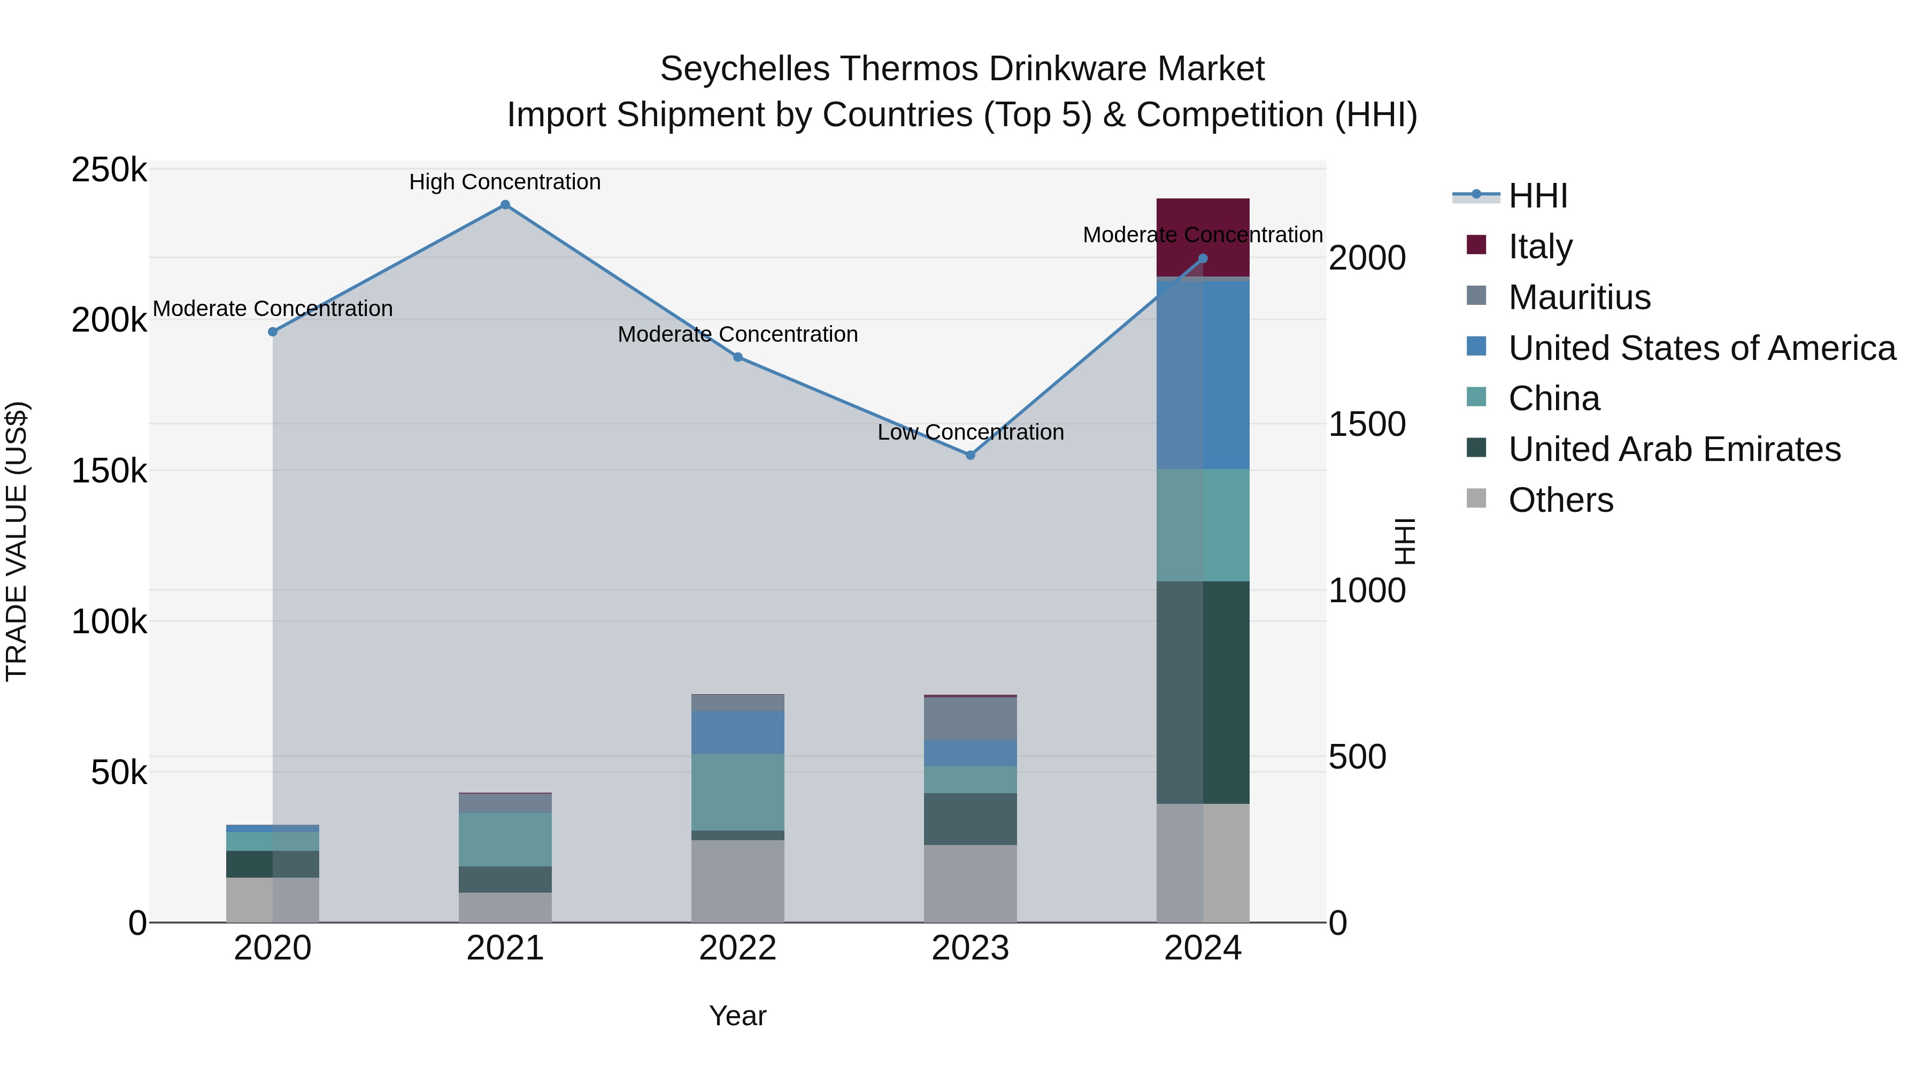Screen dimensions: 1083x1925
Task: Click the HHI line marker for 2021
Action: click(x=505, y=205)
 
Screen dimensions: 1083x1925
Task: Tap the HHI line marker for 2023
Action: click(x=970, y=455)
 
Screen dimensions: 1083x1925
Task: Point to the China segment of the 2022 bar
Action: click(x=737, y=792)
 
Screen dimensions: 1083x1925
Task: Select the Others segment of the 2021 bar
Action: click(x=505, y=908)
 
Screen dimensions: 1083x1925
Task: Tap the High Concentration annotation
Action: click(x=505, y=182)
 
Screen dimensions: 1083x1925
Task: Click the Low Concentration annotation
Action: click(x=970, y=433)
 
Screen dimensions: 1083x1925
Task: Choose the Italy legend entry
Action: click(x=1539, y=247)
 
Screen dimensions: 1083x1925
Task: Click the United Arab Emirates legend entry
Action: click(x=1674, y=449)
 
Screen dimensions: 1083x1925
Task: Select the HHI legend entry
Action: click(x=1536, y=196)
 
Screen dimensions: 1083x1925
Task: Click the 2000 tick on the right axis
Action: click(x=1367, y=259)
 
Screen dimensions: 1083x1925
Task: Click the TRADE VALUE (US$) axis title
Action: click(x=17, y=541)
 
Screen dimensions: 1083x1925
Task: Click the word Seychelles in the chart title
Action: click(x=744, y=69)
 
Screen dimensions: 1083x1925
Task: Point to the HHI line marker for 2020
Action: click(x=273, y=332)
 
